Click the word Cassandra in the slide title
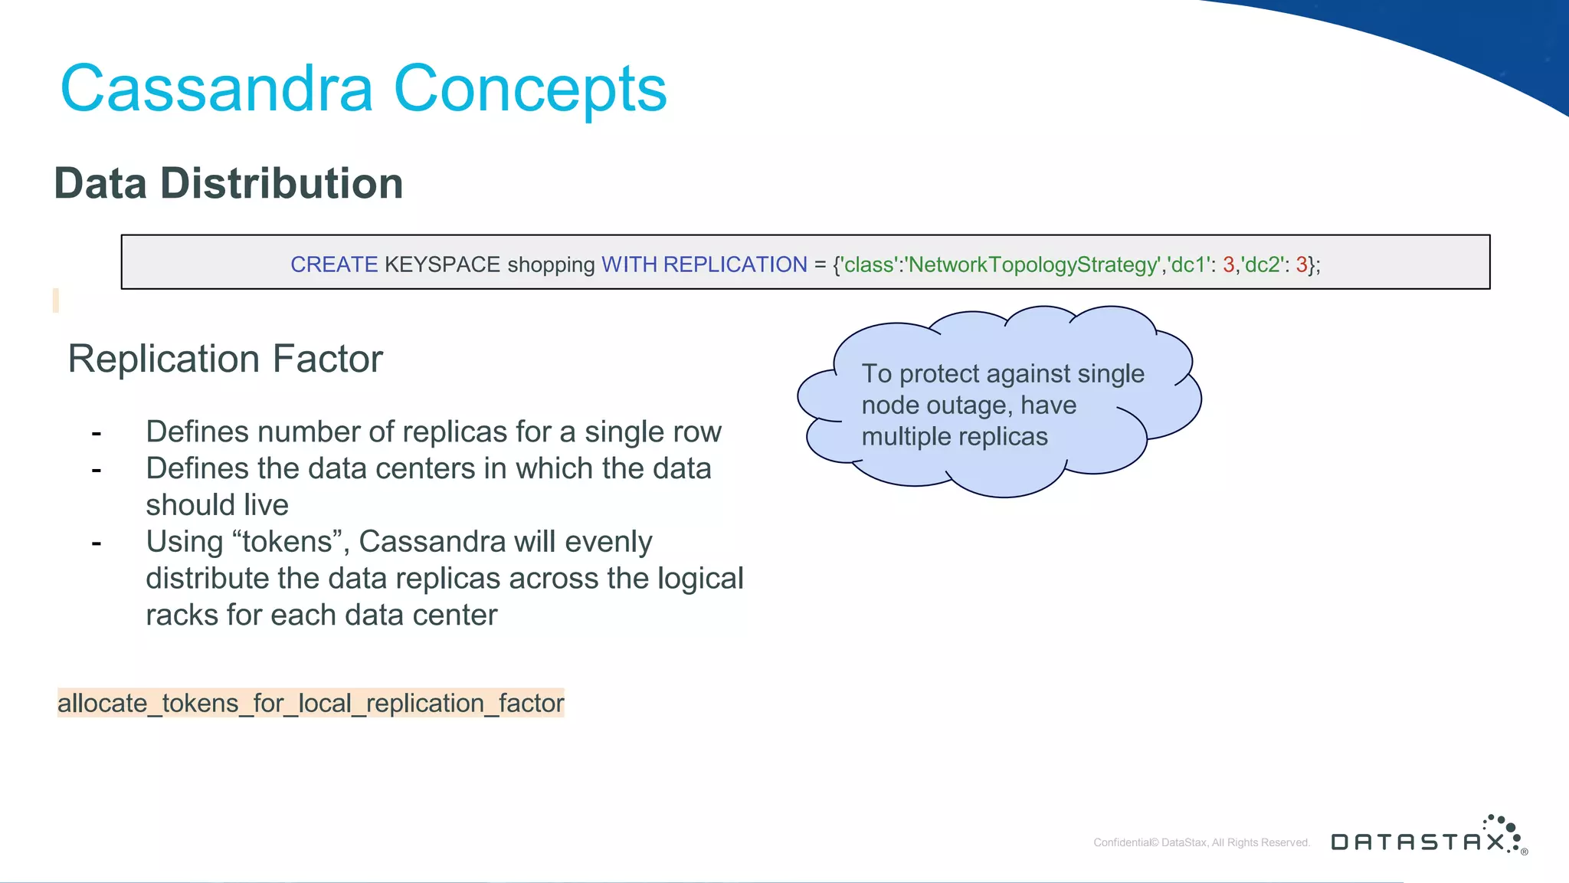click(x=217, y=89)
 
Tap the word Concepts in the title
click(x=530, y=89)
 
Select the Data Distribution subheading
click(x=228, y=184)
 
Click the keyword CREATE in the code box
click(x=334, y=264)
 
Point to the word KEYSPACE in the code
click(x=442, y=264)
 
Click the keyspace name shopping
click(x=551, y=265)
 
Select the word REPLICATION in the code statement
click(x=735, y=264)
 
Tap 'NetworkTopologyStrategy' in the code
click(x=1033, y=264)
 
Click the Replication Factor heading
click(x=225, y=359)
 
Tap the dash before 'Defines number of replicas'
click(x=97, y=433)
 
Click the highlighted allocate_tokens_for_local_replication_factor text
click(x=310, y=703)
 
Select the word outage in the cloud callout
click(x=970, y=405)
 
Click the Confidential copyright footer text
click(x=1201, y=842)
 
